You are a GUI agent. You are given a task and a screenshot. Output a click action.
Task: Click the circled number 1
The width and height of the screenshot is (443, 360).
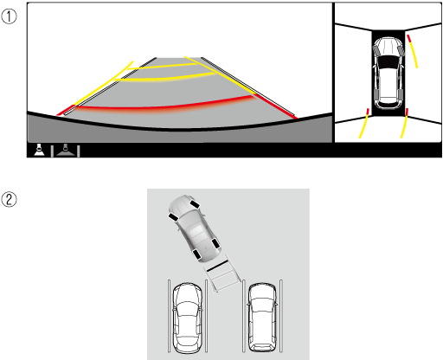9,16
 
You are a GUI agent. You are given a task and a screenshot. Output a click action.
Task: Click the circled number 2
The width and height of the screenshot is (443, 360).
9,200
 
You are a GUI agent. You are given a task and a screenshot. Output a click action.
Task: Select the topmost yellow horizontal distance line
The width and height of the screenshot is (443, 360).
163,67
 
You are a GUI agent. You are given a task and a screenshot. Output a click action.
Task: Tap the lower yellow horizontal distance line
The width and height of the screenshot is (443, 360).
166,78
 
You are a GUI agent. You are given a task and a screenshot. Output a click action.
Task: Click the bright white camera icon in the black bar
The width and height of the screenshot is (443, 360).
39,150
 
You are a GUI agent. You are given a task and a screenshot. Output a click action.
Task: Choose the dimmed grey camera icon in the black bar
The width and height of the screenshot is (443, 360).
66,150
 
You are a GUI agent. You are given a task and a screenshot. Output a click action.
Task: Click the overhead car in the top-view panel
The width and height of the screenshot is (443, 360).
388,74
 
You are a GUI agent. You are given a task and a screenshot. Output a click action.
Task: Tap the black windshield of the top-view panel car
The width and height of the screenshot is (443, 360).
388,61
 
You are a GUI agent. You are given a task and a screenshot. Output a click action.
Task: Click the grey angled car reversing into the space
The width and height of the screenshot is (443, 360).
194,228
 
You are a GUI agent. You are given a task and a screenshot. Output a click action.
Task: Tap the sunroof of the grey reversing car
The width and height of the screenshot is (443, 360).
196,231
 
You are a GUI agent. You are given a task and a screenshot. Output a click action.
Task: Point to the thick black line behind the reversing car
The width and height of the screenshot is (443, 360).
217,266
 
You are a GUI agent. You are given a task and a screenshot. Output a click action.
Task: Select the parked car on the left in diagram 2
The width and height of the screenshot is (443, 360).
187,318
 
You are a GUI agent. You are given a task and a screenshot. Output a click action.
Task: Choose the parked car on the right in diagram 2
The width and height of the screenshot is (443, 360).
262,318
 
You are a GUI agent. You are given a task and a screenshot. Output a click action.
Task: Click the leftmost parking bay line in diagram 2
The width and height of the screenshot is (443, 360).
169,316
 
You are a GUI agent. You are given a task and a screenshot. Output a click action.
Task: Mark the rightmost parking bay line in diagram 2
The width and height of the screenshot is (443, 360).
281,316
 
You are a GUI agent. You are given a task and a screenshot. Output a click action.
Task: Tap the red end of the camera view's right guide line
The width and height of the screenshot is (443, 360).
276,106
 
